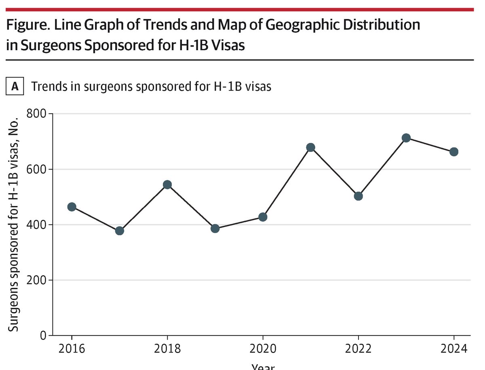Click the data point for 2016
coord(72,207)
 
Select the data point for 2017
coord(119,231)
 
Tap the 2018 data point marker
coord(167,185)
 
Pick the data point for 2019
coord(215,228)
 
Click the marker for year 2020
coord(263,217)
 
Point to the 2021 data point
coord(310,147)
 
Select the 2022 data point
coord(358,196)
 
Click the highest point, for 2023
coord(406,138)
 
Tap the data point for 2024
coord(454,152)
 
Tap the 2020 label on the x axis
coord(263,349)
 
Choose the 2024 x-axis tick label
coord(453,349)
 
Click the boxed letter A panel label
coord(15,87)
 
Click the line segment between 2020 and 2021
coord(287,182)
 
